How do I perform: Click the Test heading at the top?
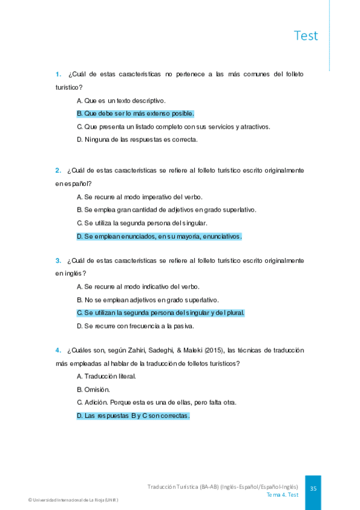pyautogui.click(x=306, y=35)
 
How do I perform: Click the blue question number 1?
pyautogui.click(x=58, y=74)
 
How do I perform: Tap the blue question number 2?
pyautogui.click(x=58, y=170)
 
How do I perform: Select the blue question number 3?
pyautogui.click(x=58, y=260)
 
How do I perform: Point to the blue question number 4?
pyautogui.click(x=58, y=350)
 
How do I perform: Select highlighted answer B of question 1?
pyautogui.click(x=135, y=113)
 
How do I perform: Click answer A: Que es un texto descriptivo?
pyautogui.click(x=121, y=100)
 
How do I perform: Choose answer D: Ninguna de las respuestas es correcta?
pyautogui.click(x=137, y=140)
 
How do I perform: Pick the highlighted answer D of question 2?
pyautogui.click(x=159, y=236)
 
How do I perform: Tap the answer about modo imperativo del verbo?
pyautogui.click(x=139, y=197)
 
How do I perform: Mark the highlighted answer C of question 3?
pyautogui.click(x=160, y=313)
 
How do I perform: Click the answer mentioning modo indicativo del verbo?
pyautogui.click(x=138, y=286)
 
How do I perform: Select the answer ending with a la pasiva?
pyautogui.click(x=135, y=326)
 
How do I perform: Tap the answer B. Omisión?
pyautogui.click(x=93, y=389)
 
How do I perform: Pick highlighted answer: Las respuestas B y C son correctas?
pyautogui.click(x=133, y=416)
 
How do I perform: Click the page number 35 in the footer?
pyautogui.click(x=313, y=489)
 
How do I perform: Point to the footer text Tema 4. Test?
pyautogui.click(x=282, y=495)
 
